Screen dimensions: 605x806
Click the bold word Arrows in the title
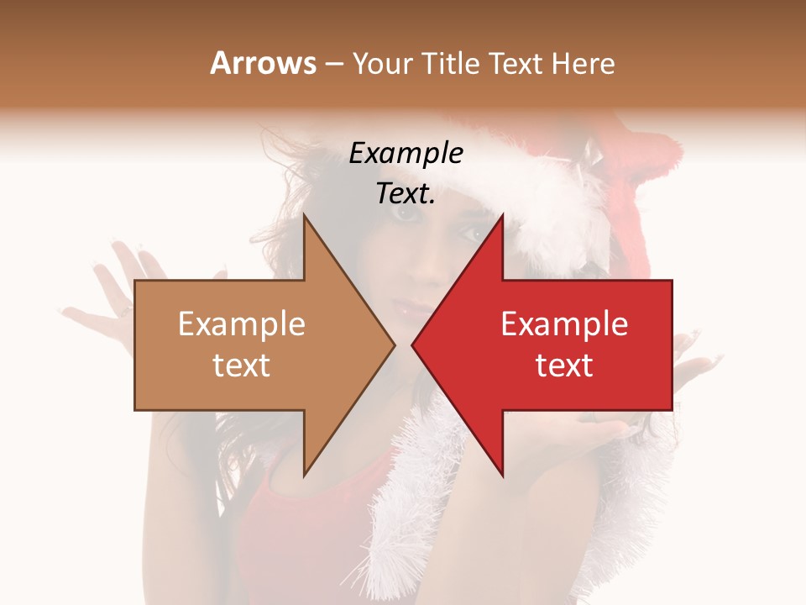pos(263,63)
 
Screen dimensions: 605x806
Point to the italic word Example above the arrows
pos(406,153)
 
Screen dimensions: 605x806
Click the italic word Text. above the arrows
pos(406,194)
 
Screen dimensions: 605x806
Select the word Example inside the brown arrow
pos(241,324)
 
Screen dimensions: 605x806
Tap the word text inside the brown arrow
pos(241,366)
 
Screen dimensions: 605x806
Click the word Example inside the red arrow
pos(564,324)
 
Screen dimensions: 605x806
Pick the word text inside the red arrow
pos(564,366)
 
